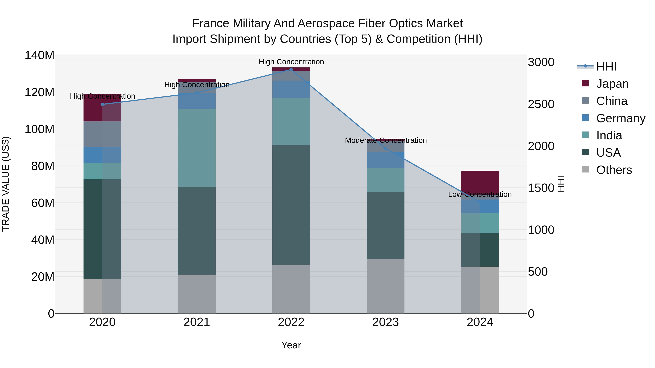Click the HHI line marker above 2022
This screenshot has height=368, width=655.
coord(291,69)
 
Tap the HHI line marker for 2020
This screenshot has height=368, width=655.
coord(102,104)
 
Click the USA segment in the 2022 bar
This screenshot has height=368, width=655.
coord(291,205)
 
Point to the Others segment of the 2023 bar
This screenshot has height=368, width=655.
coord(386,286)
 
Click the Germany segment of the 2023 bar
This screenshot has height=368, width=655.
coord(386,160)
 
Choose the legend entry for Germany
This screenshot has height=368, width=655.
coord(620,118)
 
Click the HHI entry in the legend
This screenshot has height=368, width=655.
coord(606,67)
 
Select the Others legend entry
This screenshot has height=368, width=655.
coord(614,170)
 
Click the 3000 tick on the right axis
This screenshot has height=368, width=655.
coord(541,62)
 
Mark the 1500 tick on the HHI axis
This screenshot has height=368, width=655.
coord(541,188)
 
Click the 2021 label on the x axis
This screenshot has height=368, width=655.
coord(196,322)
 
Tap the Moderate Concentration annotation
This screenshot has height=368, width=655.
coord(386,140)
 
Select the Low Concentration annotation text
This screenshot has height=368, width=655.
coord(480,194)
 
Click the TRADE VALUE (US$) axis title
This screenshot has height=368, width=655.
coord(6,184)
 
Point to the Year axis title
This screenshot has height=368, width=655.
coord(291,345)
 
